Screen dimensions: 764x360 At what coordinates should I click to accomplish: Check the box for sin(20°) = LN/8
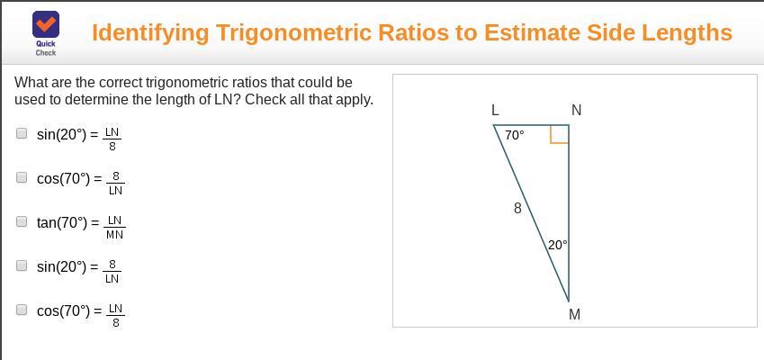[x=22, y=133]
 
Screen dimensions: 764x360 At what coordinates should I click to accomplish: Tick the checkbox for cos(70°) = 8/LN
[x=22, y=177]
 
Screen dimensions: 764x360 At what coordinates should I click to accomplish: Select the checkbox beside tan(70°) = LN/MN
[x=22, y=221]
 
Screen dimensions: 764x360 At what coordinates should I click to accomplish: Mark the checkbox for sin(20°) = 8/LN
[x=22, y=265]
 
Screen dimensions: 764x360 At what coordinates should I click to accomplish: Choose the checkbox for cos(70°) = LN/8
[x=22, y=310]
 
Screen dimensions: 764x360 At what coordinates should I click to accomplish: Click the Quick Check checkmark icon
[x=46, y=24]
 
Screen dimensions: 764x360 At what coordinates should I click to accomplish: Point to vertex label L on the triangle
[x=495, y=111]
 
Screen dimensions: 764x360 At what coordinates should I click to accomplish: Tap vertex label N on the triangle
[x=577, y=111]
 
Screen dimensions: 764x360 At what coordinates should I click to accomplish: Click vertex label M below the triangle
[x=575, y=315]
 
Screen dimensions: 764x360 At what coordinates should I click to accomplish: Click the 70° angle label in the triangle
[x=515, y=135]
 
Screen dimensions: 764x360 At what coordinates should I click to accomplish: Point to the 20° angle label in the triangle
[x=557, y=245]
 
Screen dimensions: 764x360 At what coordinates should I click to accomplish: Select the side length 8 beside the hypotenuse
[x=517, y=209]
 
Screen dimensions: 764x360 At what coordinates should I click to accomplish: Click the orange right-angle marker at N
[x=560, y=134]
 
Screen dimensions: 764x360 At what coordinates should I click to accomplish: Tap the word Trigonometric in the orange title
[x=346, y=33]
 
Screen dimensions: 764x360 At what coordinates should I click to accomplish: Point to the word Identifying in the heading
[x=150, y=33]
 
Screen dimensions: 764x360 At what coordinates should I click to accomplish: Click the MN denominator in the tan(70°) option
[x=114, y=235]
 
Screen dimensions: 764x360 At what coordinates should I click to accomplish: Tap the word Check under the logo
[x=46, y=52]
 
